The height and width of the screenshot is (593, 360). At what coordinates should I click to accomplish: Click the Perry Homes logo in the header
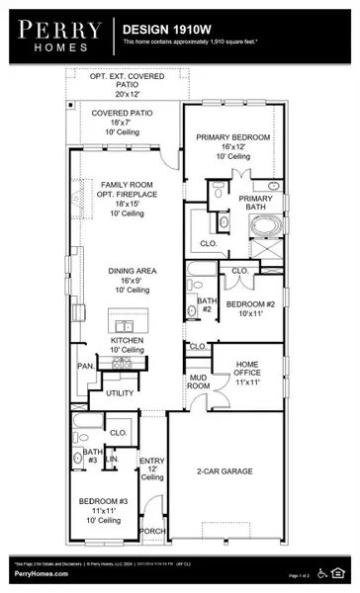click(x=55, y=36)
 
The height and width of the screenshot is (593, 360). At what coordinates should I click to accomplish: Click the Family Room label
click(x=124, y=185)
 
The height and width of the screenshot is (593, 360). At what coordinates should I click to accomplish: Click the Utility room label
click(x=120, y=392)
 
